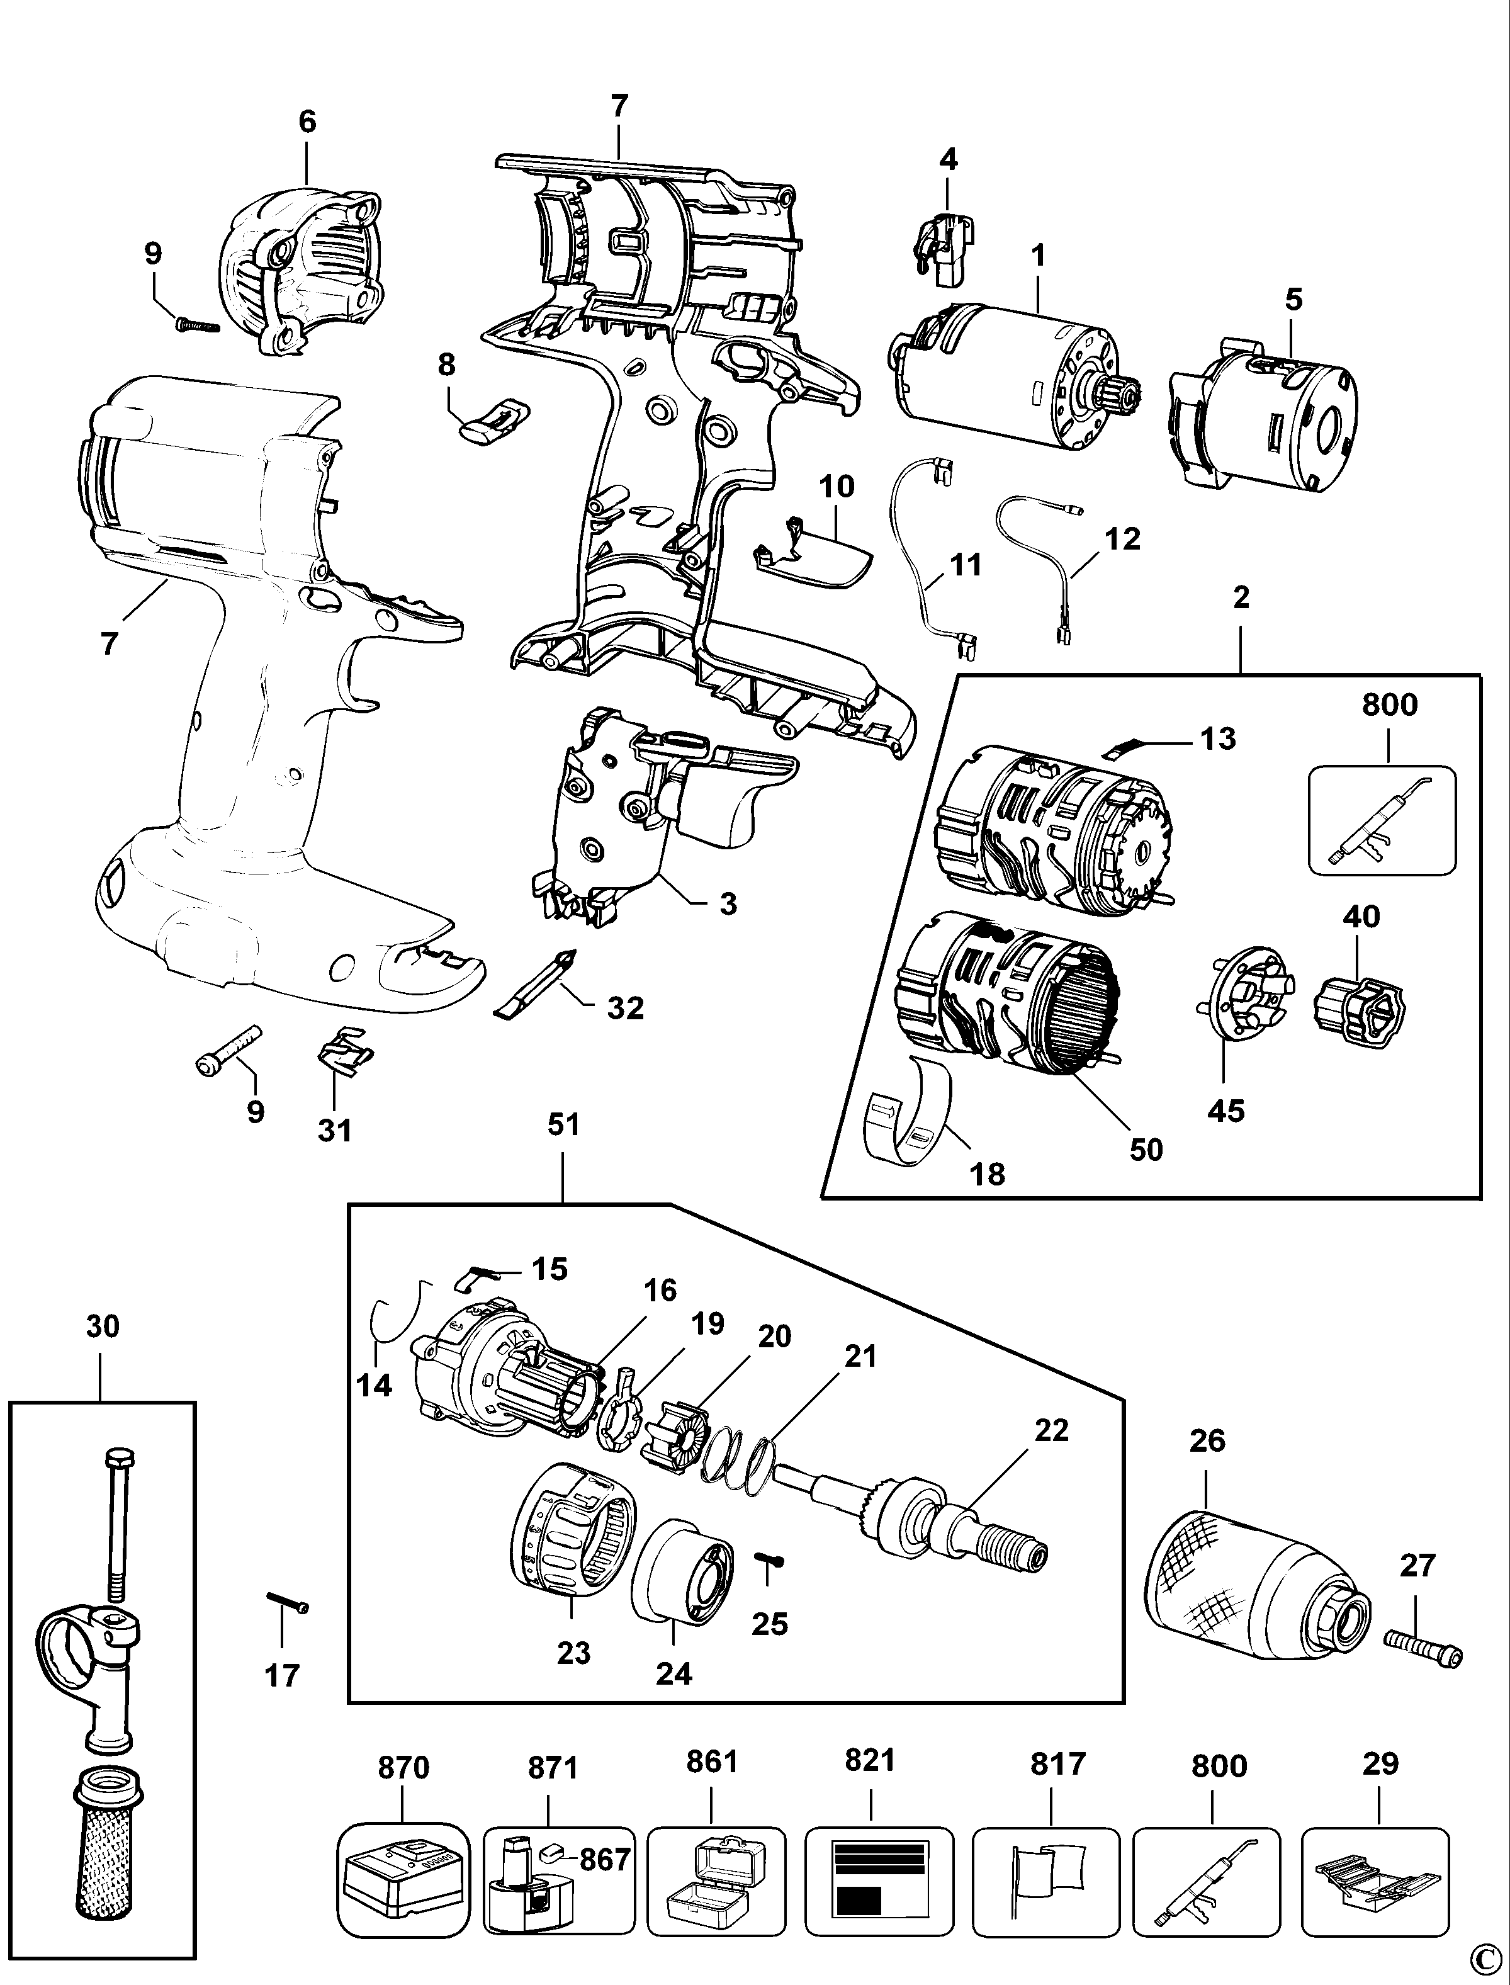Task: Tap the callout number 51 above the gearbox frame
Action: [563, 1124]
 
